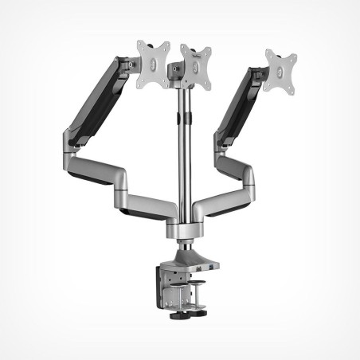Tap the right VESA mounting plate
tap(280, 72)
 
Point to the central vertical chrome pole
tap(182, 159)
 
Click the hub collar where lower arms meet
tap(181, 230)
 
